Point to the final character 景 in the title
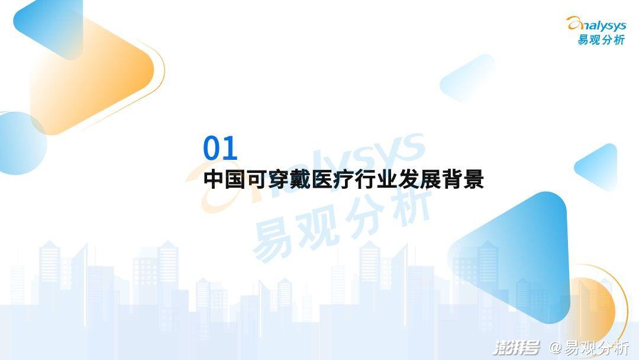[x=473, y=179]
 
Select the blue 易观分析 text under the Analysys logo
[x=601, y=40]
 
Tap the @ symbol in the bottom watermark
[x=556, y=348]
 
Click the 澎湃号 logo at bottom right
[x=517, y=348]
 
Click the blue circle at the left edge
[x=20, y=143]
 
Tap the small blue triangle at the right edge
[x=598, y=167]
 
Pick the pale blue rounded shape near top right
[x=467, y=78]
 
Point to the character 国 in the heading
[x=235, y=179]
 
